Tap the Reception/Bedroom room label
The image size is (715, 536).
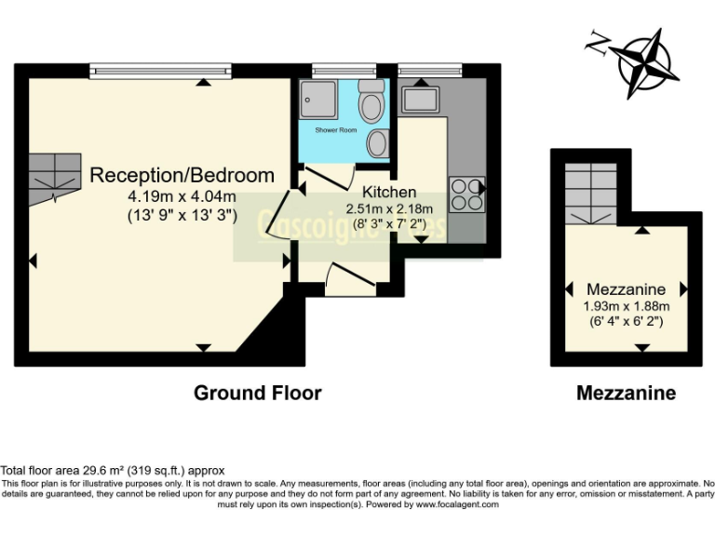tap(182, 175)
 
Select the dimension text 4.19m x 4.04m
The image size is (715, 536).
tap(182, 196)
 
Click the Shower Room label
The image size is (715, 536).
tap(336, 130)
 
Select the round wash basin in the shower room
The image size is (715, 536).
tap(378, 142)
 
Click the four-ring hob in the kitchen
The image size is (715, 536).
tap(466, 194)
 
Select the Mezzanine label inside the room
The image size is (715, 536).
tap(624, 288)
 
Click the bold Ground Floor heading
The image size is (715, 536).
tap(258, 393)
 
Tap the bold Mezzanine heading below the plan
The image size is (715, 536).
tap(626, 394)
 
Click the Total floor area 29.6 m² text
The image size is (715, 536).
tap(113, 471)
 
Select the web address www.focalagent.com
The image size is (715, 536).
tap(457, 504)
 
